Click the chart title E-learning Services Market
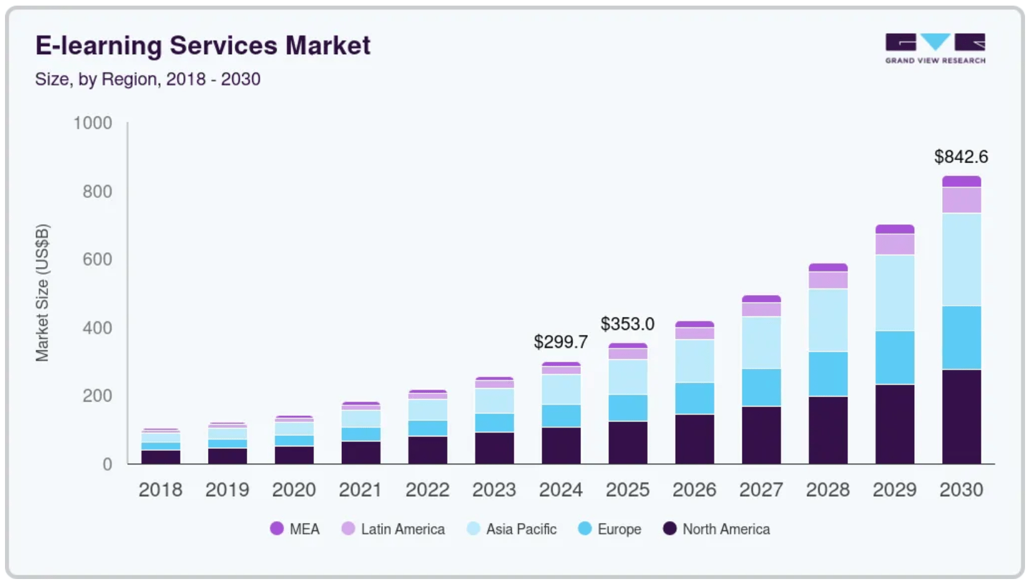(202, 45)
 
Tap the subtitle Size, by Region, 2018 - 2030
(148, 79)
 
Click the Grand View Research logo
(935, 48)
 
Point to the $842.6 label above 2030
(961, 156)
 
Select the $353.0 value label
(627, 324)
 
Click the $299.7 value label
(560, 342)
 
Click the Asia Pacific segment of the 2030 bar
(961, 259)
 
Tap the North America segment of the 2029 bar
(894, 423)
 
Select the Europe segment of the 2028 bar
(828, 374)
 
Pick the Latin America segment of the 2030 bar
(961, 200)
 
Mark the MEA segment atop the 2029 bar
(894, 229)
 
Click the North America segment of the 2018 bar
(161, 456)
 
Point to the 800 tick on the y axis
(97, 191)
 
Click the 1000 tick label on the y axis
(93, 123)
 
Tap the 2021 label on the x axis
(360, 490)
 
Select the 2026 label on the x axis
(694, 490)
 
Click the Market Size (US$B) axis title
(42, 292)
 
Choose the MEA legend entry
(295, 529)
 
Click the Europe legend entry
(610, 529)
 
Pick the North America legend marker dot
(669, 529)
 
